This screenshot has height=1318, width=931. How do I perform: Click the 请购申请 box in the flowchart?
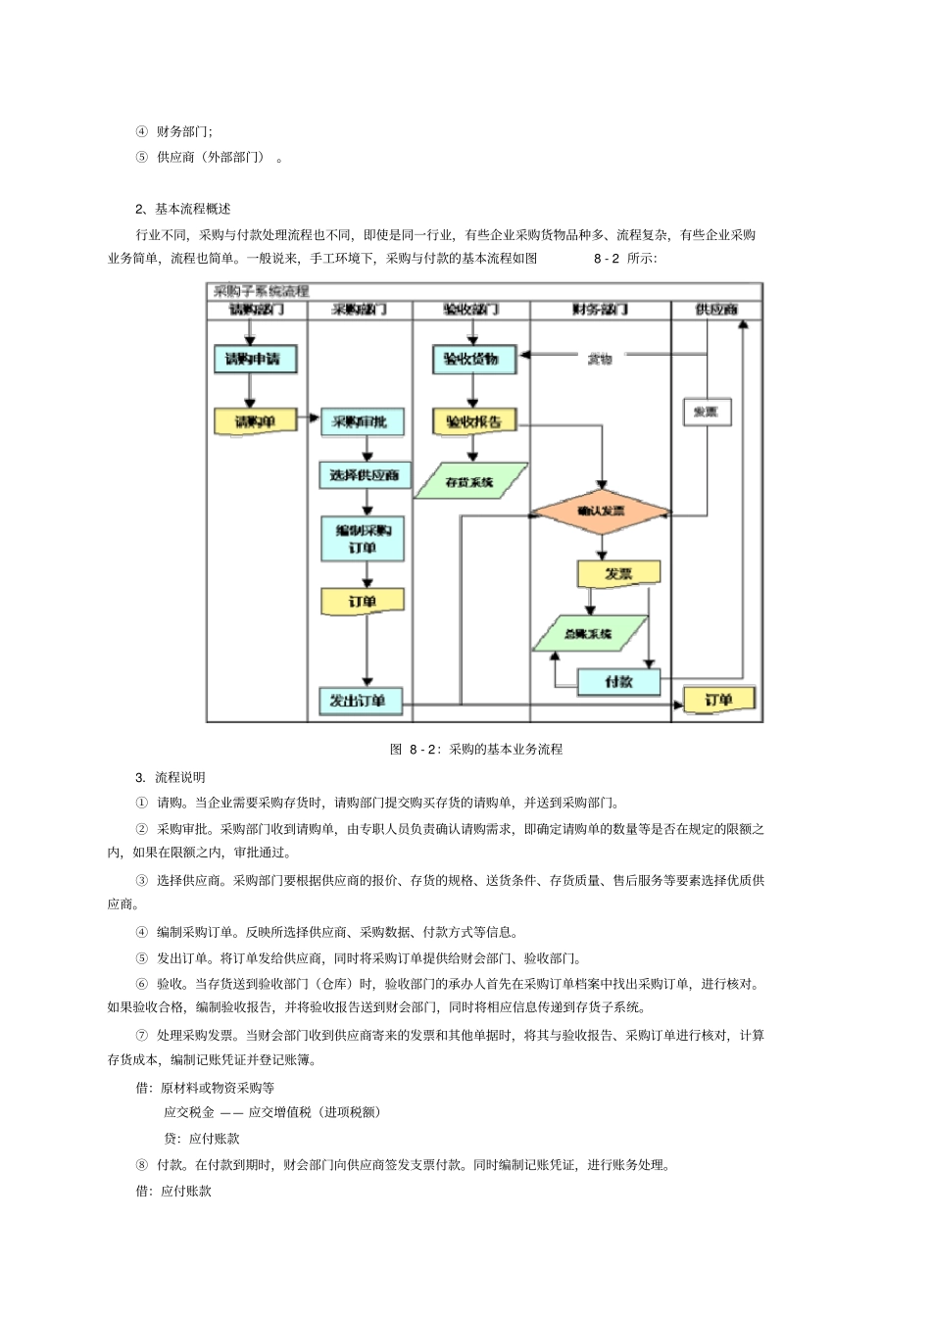point(253,359)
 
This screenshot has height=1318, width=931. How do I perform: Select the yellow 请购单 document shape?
point(254,422)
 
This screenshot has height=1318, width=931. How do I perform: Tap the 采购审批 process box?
point(361,422)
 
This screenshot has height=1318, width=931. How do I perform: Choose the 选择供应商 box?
point(364,475)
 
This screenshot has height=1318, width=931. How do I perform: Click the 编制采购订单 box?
point(363,539)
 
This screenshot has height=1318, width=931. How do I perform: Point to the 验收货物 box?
point(472,359)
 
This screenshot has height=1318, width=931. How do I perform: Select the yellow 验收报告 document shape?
point(473,422)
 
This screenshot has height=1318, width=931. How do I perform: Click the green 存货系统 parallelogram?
point(470,482)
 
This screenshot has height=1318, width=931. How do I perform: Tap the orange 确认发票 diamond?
point(601,512)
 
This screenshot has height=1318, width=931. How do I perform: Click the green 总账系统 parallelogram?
point(589,634)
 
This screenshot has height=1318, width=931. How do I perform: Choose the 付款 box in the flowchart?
point(618,682)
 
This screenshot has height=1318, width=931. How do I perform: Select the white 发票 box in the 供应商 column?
point(707,413)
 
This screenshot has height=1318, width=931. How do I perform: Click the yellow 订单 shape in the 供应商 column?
point(718,700)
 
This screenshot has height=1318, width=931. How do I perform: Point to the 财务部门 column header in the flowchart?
point(600,310)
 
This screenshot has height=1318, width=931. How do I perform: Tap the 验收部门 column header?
point(471,310)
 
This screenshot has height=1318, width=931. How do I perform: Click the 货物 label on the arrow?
point(600,359)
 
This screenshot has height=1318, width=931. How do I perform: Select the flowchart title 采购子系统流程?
point(262,291)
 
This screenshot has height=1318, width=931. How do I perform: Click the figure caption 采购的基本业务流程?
point(506,750)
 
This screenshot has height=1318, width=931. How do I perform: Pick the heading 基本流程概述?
point(192,209)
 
